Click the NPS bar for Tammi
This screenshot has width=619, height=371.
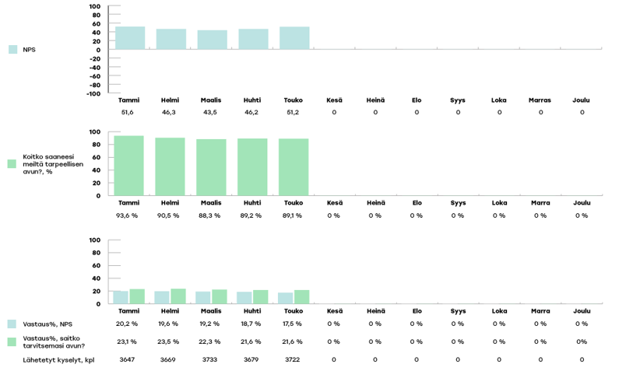[129, 38]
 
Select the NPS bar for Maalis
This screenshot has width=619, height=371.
[212, 40]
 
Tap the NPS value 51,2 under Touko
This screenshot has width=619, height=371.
[294, 113]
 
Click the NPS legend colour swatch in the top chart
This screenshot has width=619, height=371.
[12, 50]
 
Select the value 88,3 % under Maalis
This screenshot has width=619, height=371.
[210, 215]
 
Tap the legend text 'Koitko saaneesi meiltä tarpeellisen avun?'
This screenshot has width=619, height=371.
[52, 164]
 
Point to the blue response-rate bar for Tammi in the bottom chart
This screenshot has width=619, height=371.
[121, 297]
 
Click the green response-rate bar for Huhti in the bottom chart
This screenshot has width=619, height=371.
[260, 296]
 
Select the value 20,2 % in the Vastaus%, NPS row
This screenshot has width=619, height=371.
[127, 324]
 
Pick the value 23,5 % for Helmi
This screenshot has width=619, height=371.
[169, 341]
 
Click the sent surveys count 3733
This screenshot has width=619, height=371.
[210, 359]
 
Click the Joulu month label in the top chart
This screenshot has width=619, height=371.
[581, 100]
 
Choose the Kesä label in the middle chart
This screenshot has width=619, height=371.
[334, 203]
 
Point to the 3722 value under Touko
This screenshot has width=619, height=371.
[293, 359]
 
